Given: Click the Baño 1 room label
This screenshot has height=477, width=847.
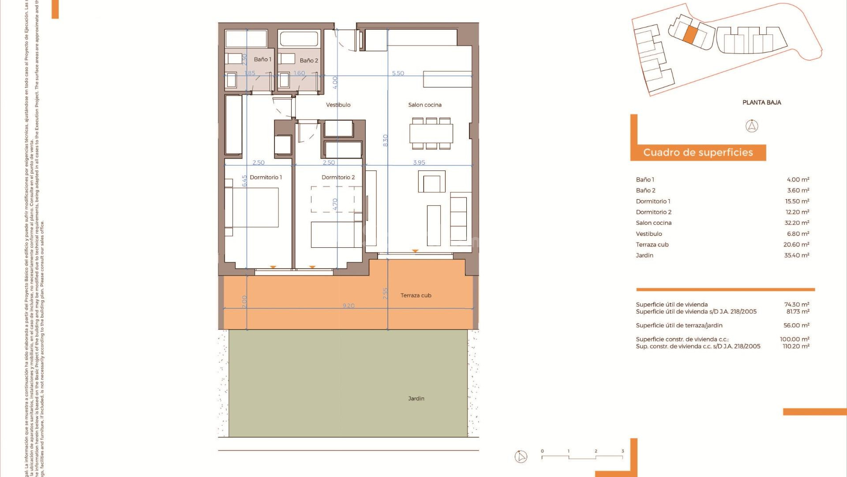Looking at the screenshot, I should (262, 59).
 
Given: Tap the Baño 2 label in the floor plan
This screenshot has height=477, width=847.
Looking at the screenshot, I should (309, 61).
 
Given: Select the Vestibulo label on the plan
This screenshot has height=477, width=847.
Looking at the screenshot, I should (338, 105).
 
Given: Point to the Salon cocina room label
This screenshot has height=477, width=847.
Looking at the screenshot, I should (425, 105).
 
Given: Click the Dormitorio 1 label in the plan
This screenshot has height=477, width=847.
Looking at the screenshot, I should (266, 177).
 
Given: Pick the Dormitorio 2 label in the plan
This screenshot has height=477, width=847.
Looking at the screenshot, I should (338, 177).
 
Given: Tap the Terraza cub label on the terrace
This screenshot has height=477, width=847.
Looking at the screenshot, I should (416, 295).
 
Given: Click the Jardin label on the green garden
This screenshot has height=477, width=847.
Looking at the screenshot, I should (416, 398).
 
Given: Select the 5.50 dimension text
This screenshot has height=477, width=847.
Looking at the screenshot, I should (398, 73).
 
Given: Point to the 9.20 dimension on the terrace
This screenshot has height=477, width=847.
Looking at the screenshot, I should (349, 306).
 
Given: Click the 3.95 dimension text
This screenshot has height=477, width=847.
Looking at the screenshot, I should (419, 163).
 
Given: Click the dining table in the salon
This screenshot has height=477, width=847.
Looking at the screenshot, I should (431, 133).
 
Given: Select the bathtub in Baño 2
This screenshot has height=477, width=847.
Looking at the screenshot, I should (299, 39).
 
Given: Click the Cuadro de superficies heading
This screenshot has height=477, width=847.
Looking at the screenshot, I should (698, 152).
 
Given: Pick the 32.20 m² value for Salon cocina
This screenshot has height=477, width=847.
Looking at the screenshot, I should (797, 223).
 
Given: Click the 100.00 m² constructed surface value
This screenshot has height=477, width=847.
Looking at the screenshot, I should (794, 339).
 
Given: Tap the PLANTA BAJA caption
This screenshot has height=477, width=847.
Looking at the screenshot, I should (761, 102).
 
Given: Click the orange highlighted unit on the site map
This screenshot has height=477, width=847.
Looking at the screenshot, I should (690, 34).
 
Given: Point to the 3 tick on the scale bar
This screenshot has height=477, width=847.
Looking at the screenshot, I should (622, 451).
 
